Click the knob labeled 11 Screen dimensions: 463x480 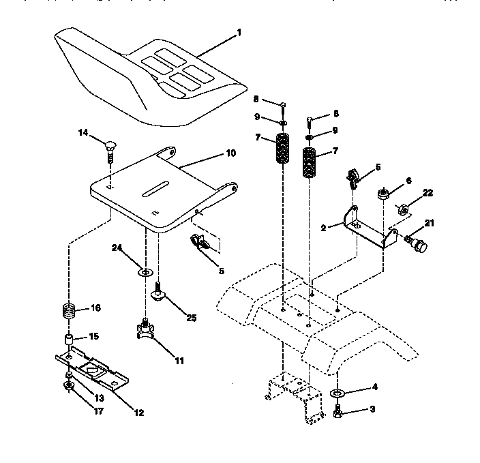pos(146,329)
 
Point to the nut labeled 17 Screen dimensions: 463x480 pos(68,387)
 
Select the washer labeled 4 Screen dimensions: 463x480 pos(337,393)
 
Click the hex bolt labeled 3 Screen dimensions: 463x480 pos(337,412)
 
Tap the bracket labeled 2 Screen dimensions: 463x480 pos(372,229)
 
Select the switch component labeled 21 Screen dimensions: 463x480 pos(415,244)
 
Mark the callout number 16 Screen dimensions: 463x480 pos(96,308)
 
